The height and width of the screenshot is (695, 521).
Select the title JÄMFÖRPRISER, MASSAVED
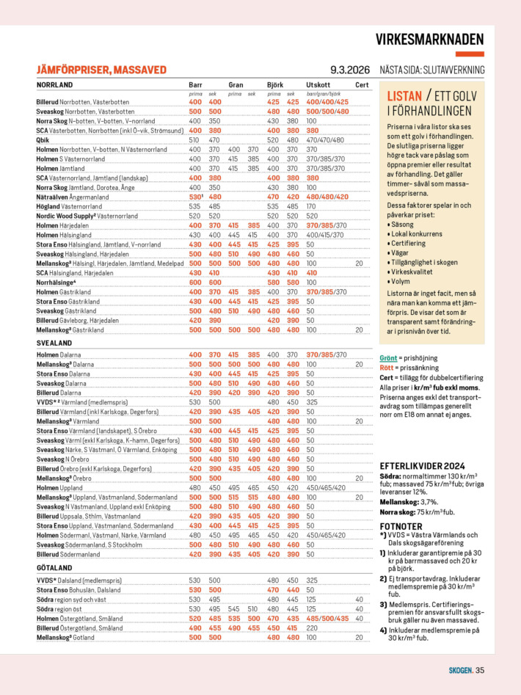click(x=101, y=70)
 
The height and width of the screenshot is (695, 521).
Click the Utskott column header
click(x=318, y=85)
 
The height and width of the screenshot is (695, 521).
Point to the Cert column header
click(x=362, y=85)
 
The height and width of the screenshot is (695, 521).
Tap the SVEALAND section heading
click(x=54, y=343)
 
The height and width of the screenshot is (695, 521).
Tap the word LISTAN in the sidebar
click(x=404, y=96)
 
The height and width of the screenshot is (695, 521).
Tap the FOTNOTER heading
click(x=401, y=526)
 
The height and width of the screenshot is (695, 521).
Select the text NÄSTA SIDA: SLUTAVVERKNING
click(x=431, y=70)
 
